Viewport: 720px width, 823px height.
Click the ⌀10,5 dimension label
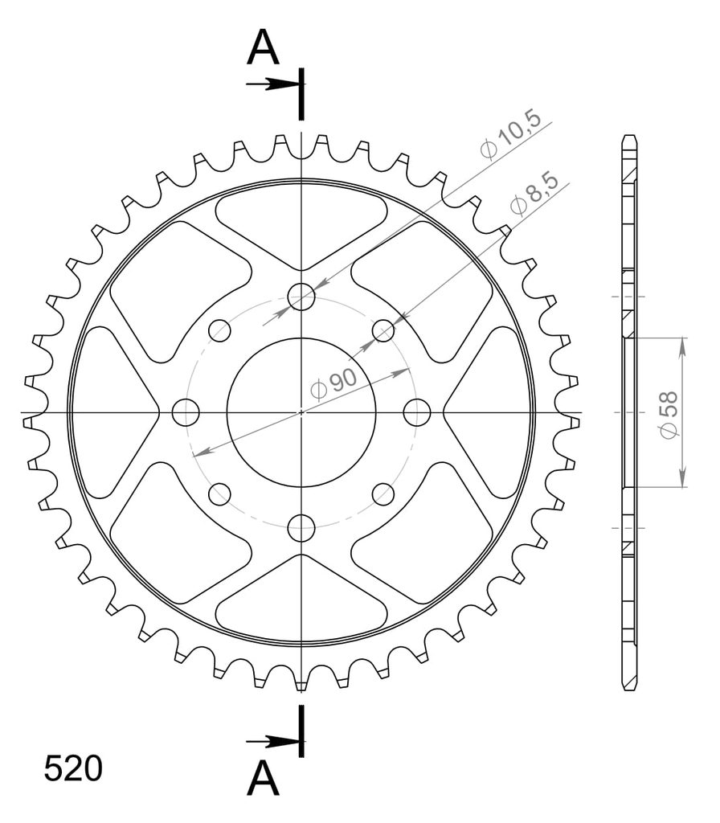click(510, 134)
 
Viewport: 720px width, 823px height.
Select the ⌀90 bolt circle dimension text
click(333, 384)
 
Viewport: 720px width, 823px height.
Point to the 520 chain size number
click(73, 769)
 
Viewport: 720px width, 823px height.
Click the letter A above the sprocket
click(263, 47)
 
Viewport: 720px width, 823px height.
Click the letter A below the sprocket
click(263, 778)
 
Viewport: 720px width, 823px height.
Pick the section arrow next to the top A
click(274, 84)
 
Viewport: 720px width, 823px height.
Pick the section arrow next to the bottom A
click(274, 742)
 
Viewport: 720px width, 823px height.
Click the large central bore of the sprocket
click(301, 412)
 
